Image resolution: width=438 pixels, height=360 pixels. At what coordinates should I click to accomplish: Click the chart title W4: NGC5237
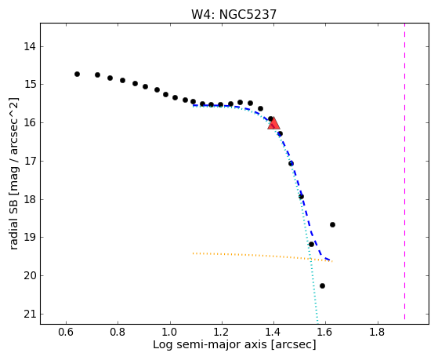point(233,14)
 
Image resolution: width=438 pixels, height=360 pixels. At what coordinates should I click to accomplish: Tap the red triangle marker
point(273,123)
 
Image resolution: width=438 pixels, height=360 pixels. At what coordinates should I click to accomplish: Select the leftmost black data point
point(77,75)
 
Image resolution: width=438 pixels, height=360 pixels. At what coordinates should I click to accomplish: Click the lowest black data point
point(322,285)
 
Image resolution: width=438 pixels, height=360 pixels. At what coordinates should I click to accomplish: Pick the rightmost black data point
point(332,224)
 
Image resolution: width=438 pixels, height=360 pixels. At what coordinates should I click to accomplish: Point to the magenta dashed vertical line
point(404,171)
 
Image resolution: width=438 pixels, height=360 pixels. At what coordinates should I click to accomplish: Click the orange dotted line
point(262,256)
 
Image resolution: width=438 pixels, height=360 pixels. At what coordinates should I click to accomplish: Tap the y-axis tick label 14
point(30,46)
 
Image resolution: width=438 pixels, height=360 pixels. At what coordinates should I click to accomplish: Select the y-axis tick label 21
point(30,315)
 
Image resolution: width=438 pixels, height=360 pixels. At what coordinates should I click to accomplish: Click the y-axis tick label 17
point(30,162)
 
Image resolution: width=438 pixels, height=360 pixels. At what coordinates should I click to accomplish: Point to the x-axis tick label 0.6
point(66,333)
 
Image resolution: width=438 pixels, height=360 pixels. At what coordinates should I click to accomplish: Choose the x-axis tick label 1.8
point(378,333)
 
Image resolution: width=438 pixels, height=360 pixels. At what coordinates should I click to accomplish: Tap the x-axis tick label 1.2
point(222,333)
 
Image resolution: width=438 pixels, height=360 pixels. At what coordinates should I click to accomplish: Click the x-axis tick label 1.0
point(170,333)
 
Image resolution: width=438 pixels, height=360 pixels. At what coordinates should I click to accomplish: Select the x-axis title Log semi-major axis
point(210,345)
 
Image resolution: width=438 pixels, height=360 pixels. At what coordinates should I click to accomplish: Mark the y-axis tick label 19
point(30,238)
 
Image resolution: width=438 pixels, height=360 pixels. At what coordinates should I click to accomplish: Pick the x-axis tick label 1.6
point(326,333)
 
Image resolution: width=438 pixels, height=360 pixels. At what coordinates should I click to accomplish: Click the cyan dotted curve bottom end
point(318,324)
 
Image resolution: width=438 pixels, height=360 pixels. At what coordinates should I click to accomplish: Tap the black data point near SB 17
point(291,163)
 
